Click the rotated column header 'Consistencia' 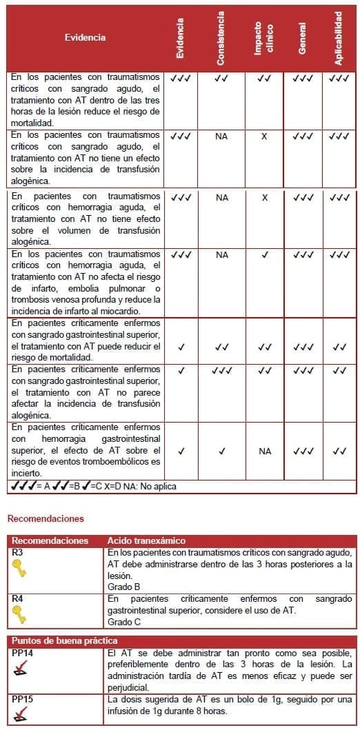point(221,39)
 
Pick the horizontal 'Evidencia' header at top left point(85,38)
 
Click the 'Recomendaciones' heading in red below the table point(46,518)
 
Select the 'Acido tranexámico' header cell point(147,541)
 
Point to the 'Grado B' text point(124,587)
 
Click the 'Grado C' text point(124,622)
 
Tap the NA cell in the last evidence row point(265,452)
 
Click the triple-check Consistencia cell point(221,370)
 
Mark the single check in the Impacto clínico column point(265,254)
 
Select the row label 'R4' point(17,599)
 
